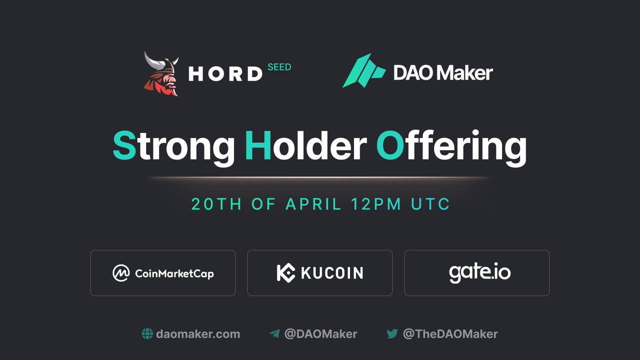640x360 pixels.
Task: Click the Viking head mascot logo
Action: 161,73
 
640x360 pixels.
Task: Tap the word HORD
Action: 225,73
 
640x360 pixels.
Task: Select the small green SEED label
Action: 279,67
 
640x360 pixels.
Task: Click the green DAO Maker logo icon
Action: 364,70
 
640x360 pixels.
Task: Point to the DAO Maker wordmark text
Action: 443,72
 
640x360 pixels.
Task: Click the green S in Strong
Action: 124,145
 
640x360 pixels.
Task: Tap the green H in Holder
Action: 258,145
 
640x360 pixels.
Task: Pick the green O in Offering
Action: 390,145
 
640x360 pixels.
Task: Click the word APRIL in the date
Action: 313,204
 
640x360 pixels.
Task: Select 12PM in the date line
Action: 376,204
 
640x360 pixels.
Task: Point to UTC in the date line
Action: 430,204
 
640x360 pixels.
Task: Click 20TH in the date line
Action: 216,204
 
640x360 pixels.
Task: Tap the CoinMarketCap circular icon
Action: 121,273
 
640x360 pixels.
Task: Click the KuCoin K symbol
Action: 286,273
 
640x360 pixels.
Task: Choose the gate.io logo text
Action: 479,272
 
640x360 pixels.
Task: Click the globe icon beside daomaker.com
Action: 147,333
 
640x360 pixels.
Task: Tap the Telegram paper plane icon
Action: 274,333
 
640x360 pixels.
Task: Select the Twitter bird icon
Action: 392,333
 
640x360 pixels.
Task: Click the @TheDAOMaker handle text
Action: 450,334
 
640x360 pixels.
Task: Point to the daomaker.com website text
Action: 198,334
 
